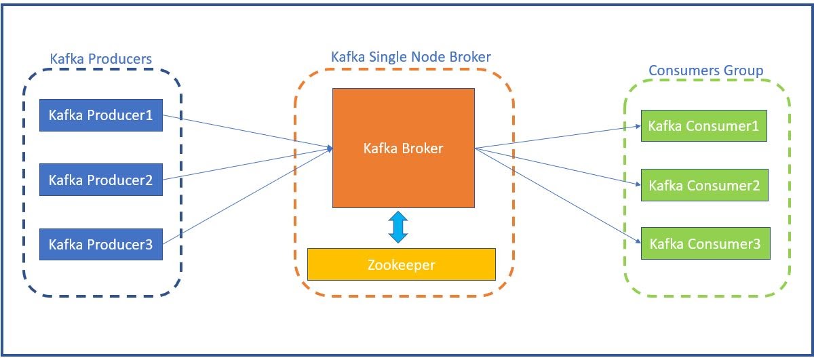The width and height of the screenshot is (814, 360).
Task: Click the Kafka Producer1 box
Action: coord(101,115)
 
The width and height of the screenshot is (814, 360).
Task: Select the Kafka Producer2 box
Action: coord(101,180)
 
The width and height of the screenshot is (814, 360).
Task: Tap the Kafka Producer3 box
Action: coord(101,244)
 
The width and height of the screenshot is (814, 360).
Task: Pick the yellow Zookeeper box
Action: coord(402,264)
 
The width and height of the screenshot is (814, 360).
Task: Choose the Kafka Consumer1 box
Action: coord(703,126)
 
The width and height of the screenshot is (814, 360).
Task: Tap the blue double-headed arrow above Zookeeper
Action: coord(398,227)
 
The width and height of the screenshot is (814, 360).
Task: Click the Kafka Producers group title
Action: coord(101,59)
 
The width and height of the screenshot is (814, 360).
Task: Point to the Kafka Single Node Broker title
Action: coord(410,56)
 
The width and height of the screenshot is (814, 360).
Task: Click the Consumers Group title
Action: coord(705,71)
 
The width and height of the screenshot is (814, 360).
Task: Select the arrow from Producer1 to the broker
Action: coord(244,130)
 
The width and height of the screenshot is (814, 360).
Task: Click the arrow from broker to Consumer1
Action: coord(556,136)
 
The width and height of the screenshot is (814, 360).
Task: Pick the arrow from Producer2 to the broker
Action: coord(244,164)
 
